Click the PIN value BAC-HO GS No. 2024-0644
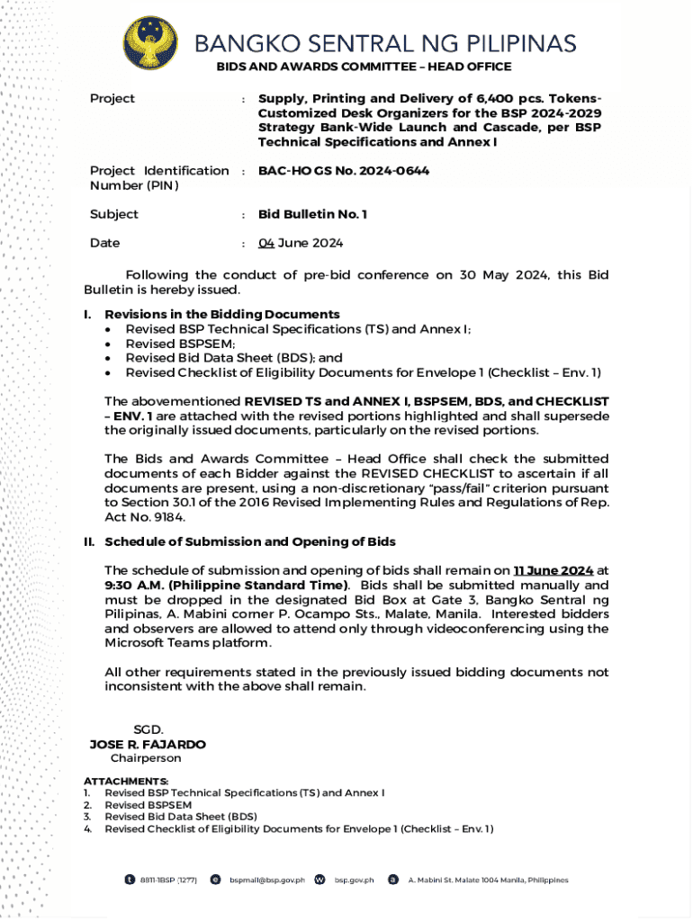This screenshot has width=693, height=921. click(x=343, y=170)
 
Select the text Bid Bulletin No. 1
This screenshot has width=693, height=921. click(x=312, y=214)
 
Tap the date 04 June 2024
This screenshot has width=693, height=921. click(x=301, y=243)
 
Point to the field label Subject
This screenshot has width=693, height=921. click(x=114, y=214)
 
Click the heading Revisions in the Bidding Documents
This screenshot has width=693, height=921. click(x=222, y=314)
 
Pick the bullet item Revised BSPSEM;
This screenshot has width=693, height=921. click(x=180, y=344)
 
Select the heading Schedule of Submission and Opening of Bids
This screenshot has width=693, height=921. click(x=250, y=541)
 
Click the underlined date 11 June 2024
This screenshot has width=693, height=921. click(x=553, y=570)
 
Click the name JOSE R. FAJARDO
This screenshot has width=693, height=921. click(x=148, y=745)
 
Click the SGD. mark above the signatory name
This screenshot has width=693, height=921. click(x=148, y=730)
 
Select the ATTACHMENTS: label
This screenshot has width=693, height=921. click(x=126, y=781)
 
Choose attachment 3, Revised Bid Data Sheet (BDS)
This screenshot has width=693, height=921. click(x=181, y=817)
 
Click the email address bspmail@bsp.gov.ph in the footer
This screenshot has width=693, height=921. click(x=267, y=880)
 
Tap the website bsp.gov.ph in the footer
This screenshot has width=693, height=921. click(x=355, y=880)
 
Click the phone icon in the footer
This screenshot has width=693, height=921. click(x=130, y=879)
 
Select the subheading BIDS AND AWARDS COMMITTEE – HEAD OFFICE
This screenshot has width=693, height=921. click(x=364, y=67)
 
